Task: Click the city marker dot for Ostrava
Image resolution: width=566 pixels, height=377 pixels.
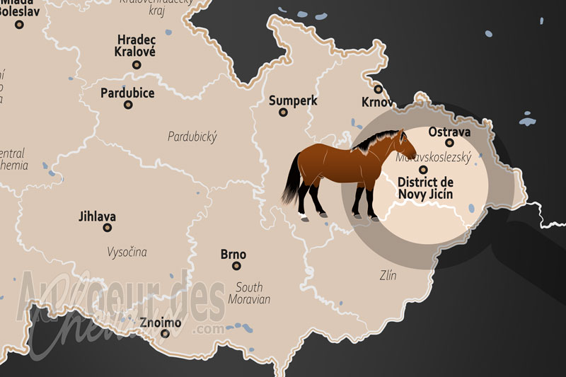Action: [x=449, y=143]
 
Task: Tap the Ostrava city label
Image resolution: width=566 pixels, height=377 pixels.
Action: [x=449, y=131]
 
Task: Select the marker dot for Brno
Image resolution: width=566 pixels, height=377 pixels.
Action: [x=236, y=266]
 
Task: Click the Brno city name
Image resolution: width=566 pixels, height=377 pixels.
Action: [x=233, y=254]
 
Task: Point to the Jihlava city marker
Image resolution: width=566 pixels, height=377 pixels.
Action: [x=108, y=228]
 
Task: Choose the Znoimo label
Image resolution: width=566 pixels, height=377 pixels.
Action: [x=160, y=323]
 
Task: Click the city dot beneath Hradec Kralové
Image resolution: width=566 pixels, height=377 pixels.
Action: [x=137, y=64]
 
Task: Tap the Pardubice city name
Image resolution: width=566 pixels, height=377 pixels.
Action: [x=127, y=93]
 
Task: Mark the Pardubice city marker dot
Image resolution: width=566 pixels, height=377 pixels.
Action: [x=128, y=105]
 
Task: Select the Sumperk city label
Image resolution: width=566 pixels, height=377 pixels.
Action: [x=293, y=100]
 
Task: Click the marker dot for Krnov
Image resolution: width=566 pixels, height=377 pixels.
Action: [x=379, y=89]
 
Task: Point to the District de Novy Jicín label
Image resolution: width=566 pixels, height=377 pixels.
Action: [x=425, y=187]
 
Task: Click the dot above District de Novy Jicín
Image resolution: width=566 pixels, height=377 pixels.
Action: [x=424, y=170]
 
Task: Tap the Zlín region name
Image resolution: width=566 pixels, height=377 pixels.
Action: [x=387, y=275]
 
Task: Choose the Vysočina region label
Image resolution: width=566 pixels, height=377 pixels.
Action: [x=127, y=251]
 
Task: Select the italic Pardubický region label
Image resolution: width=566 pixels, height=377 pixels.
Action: [x=192, y=137]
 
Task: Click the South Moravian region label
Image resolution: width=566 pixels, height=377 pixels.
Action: [x=249, y=293]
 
